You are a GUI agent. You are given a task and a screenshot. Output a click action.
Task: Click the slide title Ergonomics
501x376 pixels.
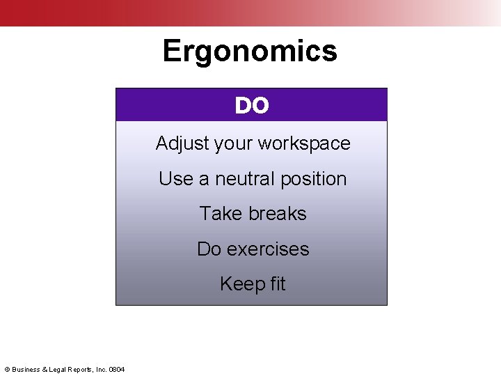click(250, 51)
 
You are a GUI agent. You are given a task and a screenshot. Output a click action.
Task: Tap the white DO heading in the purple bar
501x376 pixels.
click(251, 105)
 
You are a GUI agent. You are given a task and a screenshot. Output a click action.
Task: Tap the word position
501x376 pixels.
click(315, 180)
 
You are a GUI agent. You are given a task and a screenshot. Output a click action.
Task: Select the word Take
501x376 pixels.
click(219, 214)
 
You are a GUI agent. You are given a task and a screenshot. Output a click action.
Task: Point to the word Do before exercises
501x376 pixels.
click(209, 249)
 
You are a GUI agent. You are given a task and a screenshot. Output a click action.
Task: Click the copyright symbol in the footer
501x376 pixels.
click(7, 369)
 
